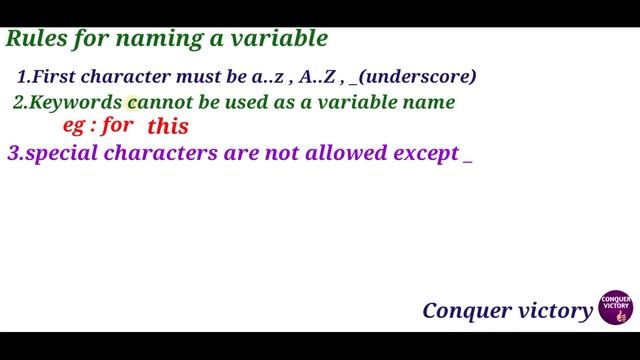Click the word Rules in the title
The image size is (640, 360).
(x=34, y=40)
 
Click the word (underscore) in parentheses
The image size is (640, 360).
(x=419, y=77)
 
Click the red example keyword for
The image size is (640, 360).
(x=118, y=127)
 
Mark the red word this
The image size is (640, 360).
(x=168, y=128)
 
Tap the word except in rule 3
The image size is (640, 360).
(x=422, y=155)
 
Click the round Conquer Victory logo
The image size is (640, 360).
(x=614, y=310)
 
